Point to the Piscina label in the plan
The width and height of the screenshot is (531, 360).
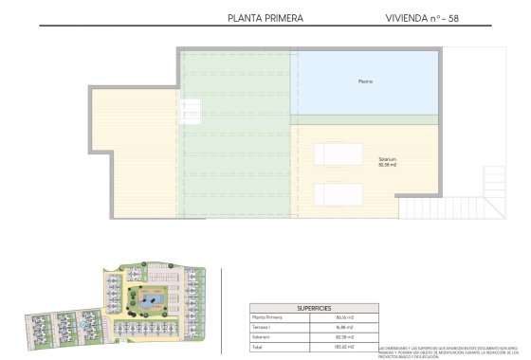[365, 82]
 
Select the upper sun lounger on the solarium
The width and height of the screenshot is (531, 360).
[339, 154]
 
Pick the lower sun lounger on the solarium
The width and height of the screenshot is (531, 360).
[339, 193]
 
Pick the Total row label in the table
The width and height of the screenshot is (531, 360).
[257, 347]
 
